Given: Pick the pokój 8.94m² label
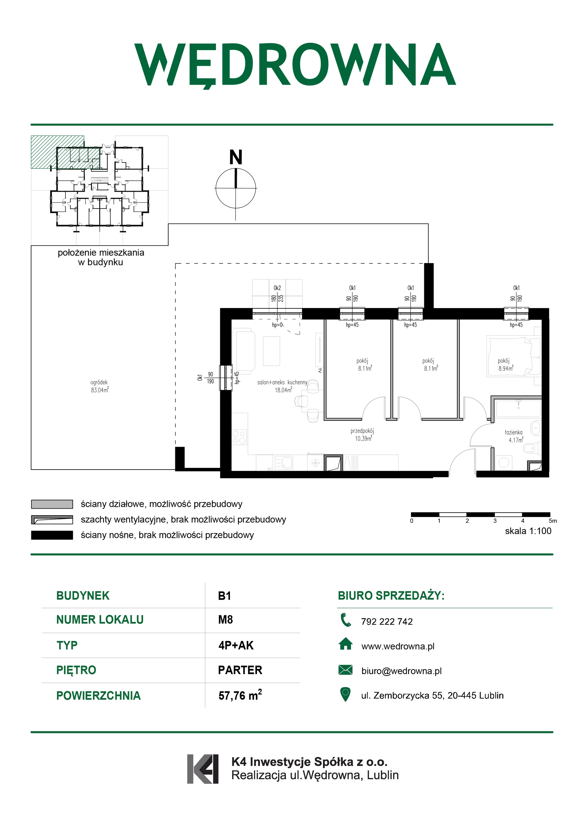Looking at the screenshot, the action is coord(505,364).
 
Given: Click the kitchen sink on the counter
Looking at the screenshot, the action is coord(284,463).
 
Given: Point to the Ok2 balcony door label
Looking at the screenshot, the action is coord(277,288).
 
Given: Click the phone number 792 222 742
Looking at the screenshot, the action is coord(387,622).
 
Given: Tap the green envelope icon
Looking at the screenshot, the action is coord(345,670).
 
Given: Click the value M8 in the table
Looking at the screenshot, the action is coord(225,620).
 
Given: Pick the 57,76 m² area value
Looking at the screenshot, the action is coord(240,695).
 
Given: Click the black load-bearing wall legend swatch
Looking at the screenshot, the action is coord(52,535).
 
